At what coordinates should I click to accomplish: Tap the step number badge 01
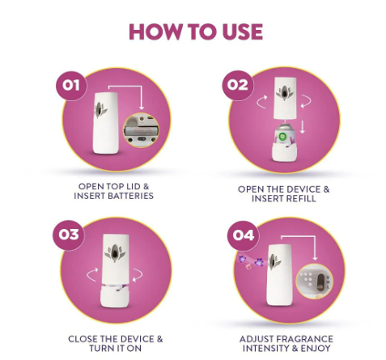point(71,86)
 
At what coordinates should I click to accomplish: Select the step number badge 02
point(237,85)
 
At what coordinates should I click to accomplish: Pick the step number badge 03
point(69,235)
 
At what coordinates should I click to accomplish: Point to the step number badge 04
point(243,235)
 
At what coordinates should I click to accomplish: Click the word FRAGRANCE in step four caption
point(305,339)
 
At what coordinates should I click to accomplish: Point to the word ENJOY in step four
point(316,349)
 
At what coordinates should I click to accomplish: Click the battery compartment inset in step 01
point(141,130)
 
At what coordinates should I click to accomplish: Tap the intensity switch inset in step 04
point(315,281)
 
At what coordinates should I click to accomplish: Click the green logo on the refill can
point(282,137)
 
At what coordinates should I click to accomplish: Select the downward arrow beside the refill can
point(303,127)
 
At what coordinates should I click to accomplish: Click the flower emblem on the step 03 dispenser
point(115,253)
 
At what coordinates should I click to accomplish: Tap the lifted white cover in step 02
point(285,98)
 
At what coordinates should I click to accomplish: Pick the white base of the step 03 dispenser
point(115,296)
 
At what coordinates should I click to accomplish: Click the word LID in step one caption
point(133,187)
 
